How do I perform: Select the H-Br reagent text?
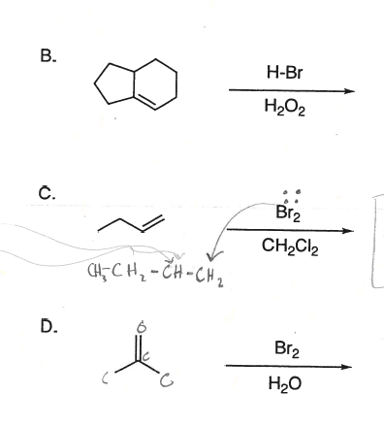pos(286,71)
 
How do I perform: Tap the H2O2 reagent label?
pos(286,111)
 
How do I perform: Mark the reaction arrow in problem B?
pos(287,91)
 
